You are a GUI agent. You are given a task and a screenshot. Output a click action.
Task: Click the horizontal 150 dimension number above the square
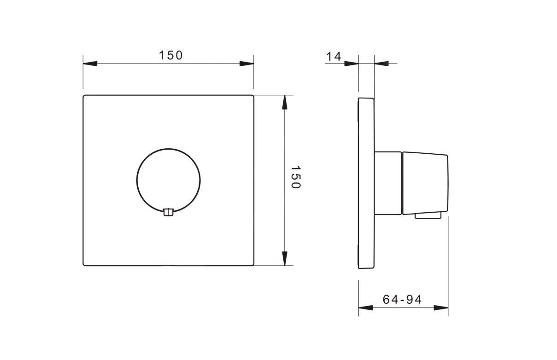[171, 55]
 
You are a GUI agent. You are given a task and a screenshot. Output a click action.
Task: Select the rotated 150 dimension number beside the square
[295, 177]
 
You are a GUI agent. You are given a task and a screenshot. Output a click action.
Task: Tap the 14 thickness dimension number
[334, 56]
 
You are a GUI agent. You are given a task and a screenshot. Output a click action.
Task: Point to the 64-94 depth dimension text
[402, 300]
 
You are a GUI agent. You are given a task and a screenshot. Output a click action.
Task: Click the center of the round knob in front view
[169, 180]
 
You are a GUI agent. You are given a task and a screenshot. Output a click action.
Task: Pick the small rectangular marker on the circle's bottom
[169, 212]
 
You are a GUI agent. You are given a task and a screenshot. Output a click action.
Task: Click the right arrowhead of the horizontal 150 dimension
[246, 63]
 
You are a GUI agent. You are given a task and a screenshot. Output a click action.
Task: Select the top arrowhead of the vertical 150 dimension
[285, 102]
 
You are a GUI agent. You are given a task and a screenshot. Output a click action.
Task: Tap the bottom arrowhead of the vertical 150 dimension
[285, 258]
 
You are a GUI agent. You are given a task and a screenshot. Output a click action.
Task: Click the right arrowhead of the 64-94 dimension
[441, 307]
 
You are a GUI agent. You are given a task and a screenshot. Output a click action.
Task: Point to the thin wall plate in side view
[366, 183]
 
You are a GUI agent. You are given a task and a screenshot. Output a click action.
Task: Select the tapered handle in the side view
[425, 183]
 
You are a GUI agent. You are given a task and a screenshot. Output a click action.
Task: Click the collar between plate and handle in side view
[388, 183]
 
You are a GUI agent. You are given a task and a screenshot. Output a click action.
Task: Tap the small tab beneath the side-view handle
[428, 215]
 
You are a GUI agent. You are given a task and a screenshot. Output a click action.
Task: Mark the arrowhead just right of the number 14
[352, 63]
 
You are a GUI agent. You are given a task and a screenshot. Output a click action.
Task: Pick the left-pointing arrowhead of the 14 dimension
[381, 63]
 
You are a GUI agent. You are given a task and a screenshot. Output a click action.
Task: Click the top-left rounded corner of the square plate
[85, 97]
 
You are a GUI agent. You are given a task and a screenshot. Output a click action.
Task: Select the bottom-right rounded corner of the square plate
[252, 264]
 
